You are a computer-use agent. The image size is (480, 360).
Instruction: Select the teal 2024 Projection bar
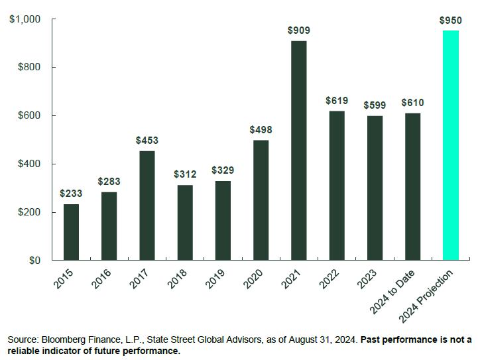click(450, 145)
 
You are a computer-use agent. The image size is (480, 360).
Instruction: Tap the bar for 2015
click(71, 232)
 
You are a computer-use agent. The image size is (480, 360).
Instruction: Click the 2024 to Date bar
click(412, 186)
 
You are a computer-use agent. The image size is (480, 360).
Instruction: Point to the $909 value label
click(298, 30)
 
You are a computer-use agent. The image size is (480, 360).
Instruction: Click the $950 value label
click(450, 21)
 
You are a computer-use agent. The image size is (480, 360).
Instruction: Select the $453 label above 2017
click(147, 141)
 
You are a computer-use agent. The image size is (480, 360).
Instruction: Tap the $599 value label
click(375, 105)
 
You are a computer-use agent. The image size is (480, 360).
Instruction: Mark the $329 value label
click(223, 170)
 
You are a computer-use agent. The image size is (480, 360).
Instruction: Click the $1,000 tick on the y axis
click(25, 20)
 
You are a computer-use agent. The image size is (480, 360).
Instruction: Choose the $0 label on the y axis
click(34, 261)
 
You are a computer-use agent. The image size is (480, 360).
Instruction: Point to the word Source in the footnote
click(21, 339)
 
